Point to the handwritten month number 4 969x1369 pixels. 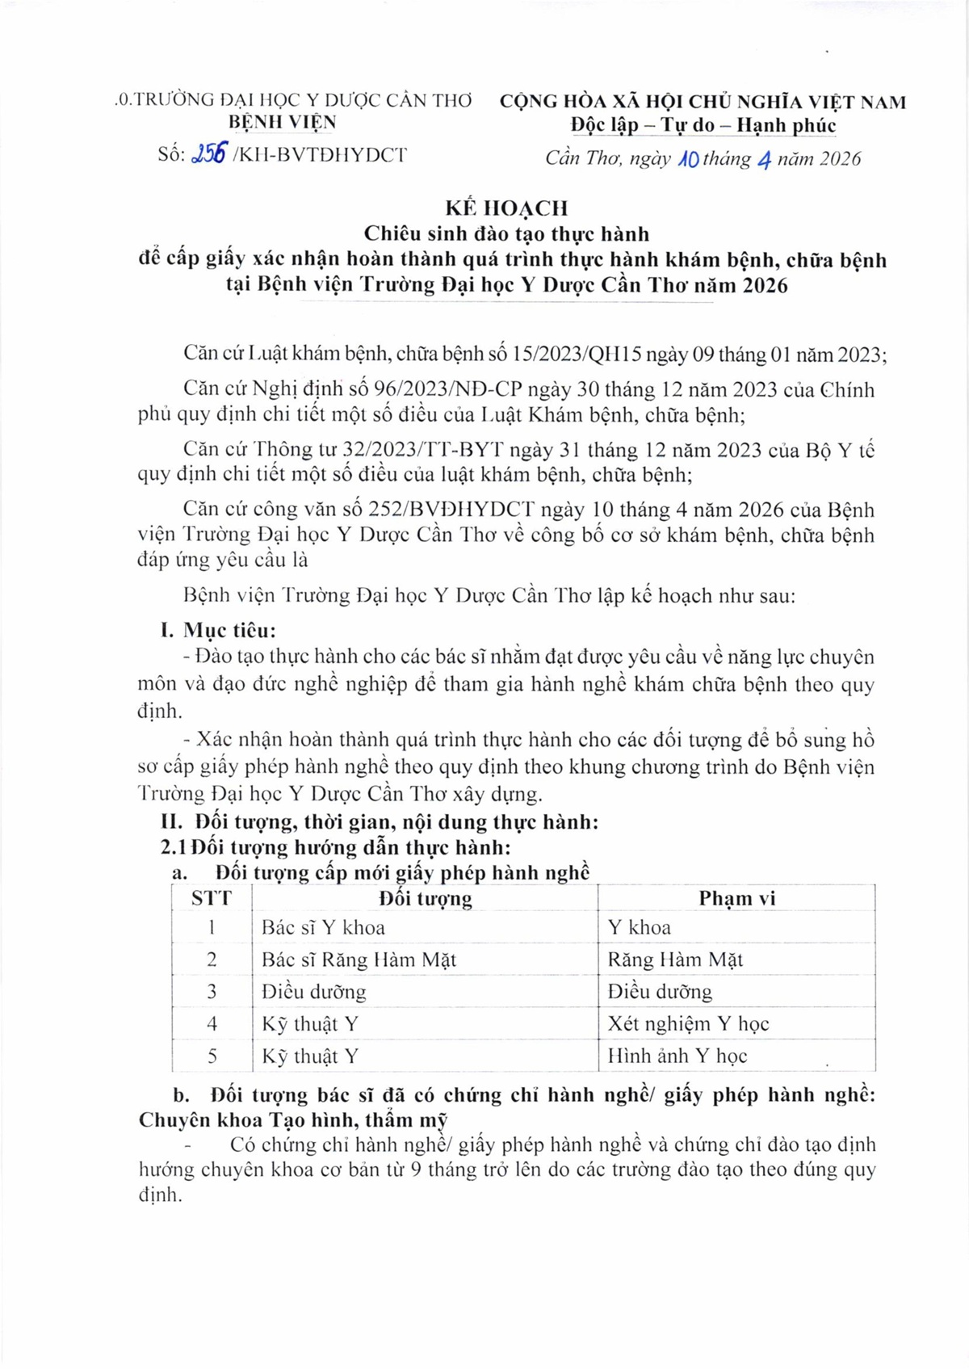point(763,159)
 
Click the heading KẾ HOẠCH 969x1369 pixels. point(506,208)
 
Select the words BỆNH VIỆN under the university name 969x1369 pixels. point(283,123)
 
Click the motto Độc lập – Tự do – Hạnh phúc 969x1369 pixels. point(703,126)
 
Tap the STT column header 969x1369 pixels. point(212,898)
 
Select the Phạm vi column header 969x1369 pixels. point(736,898)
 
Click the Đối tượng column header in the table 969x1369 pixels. point(426,898)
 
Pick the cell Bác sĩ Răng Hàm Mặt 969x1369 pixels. point(359,960)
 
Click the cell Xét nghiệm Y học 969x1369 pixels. point(688,1024)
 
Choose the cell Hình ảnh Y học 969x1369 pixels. point(677,1056)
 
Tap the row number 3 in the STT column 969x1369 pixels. point(212,992)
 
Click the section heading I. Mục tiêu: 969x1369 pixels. point(218,631)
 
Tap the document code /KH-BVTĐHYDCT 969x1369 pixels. point(320,155)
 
